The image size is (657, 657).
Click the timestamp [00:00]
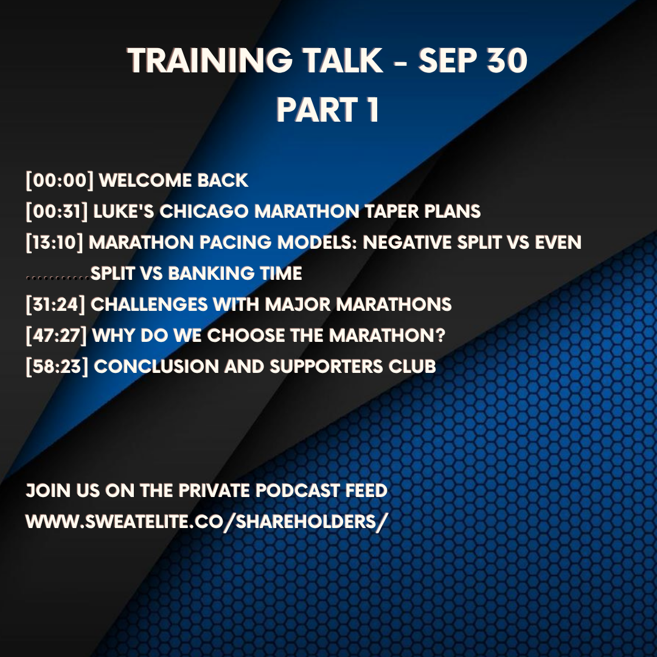coord(60,181)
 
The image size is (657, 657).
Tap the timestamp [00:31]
coord(57,212)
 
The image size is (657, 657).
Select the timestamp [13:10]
coord(55,243)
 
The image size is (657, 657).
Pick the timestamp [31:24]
coord(55,305)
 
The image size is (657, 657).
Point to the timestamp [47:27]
coord(56,336)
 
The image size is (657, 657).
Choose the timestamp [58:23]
coord(57,367)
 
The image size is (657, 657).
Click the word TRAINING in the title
coord(210,60)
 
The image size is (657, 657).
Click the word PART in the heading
coord(317,109)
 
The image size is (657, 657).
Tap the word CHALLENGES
coord(149,305)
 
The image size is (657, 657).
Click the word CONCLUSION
coord(156,367)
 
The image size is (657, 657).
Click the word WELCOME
coord(145,181)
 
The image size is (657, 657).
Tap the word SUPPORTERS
coord(326,367)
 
